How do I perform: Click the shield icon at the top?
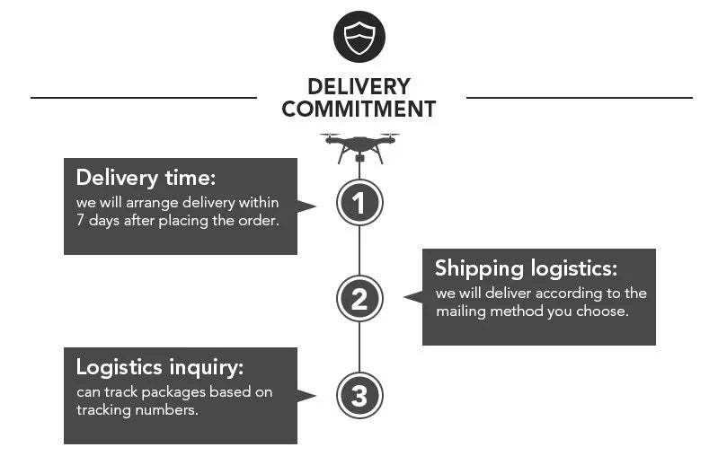pos(359,37)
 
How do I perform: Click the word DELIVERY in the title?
pos(359,87)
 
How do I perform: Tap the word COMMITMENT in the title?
pos(359,110)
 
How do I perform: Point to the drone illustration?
pos(359,145)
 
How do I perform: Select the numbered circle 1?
pos(359,203)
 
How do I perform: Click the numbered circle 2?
pos(359,299)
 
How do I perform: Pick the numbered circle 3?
pos(359,396)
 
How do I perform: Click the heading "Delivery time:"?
pos(146,177)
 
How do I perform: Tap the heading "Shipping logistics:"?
pos(527,268)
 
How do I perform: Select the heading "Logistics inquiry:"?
pos(160,366)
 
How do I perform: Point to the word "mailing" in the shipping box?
pos(461,311)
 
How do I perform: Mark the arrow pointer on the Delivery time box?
pos(307,206)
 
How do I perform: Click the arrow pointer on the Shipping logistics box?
pos(412,296)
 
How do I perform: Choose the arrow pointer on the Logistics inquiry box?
pos(307,395)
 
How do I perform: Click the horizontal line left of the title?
pos(144,97)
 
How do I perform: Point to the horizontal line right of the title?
pos(580,97)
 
